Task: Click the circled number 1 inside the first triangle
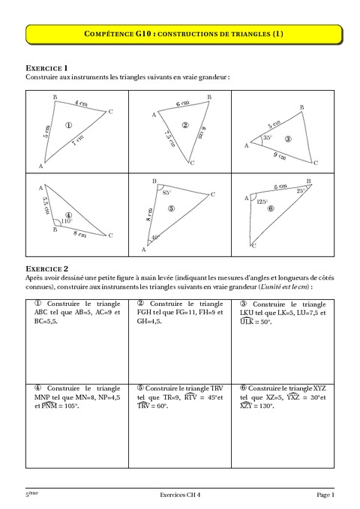69,125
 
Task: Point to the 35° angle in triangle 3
266,139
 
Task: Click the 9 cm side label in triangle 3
280,156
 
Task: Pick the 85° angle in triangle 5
166,193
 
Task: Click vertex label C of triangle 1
110,112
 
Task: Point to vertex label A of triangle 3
245,146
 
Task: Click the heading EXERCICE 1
46,67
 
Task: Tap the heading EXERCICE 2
46,268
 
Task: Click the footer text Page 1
325,496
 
